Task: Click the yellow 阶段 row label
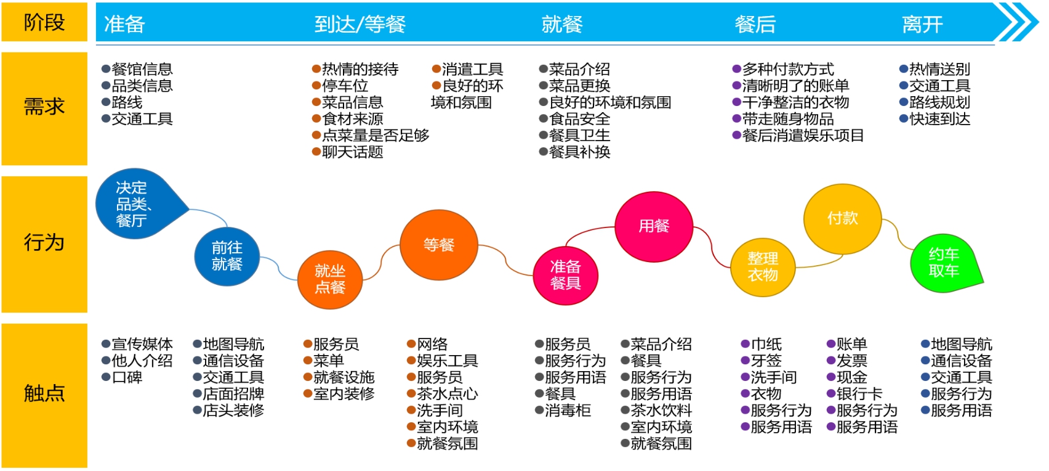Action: tap(44, 23)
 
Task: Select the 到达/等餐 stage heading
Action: tap(360, 25)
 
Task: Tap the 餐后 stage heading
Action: tap(755, 25)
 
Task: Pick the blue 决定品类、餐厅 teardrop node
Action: tap(135, 204)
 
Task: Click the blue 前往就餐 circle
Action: tap(227, 256)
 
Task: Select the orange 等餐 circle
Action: tap(438, 245)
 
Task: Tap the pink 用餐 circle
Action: tap(654, 226)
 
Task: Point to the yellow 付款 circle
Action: tap(842, 218)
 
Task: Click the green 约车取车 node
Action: tap(943, 263)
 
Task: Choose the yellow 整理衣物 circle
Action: tap(763, 266)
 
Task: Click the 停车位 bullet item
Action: tap(345, 86)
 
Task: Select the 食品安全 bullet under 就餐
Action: tap(579, 119)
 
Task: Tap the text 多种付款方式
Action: tap(787, 69)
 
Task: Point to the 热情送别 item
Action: tap(939, 69)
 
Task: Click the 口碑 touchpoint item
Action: tap(127, 377)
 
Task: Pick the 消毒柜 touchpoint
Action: tap(567, 410)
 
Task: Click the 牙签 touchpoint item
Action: tap(766, 361)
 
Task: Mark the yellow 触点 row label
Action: tap(44, 393)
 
